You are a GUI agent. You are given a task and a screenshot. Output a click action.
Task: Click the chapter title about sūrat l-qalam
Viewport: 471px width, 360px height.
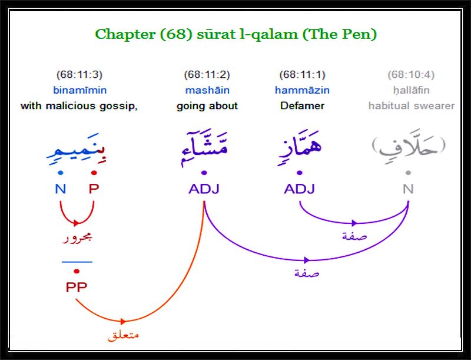[236, 34]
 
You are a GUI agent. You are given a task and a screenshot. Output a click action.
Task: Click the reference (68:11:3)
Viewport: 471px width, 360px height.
[79, 74]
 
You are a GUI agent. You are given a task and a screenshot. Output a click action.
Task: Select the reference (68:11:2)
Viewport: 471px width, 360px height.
[207, 74]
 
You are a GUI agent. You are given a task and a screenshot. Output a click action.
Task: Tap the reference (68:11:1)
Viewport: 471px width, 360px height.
[302, 74]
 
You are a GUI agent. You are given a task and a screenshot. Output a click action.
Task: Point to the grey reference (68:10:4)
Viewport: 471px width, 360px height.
[411, 74]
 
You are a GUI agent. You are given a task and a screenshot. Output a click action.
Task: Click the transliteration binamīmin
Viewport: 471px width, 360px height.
[80, 90]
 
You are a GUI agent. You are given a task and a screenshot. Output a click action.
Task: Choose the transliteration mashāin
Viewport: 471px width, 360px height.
[207, 90]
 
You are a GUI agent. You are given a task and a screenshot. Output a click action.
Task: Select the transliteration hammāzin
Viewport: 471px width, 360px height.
[302, 90]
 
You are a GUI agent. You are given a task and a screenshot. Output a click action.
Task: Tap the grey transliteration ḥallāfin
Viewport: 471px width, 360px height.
[411, 90]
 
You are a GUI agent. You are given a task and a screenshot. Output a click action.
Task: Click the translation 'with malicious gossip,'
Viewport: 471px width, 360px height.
[79, 106]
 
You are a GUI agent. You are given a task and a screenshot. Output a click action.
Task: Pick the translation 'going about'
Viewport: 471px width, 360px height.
[207, 106]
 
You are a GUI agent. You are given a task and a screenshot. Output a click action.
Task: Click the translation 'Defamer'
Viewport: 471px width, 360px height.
[302, 106]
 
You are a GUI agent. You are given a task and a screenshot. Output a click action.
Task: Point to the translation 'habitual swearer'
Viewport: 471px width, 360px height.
[412, 106]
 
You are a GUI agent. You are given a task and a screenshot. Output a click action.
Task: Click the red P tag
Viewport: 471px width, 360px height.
[94, 189]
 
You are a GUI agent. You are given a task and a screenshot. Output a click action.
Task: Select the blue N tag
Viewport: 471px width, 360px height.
[61, 189]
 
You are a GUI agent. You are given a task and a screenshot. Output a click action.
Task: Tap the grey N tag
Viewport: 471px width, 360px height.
[408, 189]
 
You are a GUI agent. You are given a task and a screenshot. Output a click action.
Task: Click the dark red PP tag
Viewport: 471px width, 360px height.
[77, 288]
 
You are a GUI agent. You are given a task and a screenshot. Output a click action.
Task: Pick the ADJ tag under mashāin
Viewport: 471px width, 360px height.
[204, 189]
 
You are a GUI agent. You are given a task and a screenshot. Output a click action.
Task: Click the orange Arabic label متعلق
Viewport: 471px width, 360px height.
[123, 335]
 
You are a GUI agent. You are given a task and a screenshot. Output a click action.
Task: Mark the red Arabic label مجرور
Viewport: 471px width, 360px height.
[77, 238]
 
